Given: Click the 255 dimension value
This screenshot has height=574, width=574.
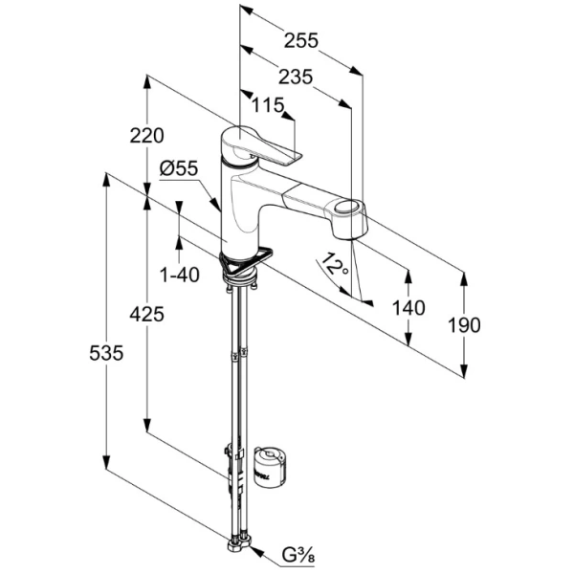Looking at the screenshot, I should click(300, 40).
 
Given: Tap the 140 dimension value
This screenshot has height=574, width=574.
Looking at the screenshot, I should click(408, 307).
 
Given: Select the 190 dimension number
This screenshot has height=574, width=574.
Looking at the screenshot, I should click(464, 325).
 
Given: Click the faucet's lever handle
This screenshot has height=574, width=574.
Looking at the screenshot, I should click(264, 144).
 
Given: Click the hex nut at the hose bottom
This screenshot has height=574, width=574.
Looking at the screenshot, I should click(237, 548).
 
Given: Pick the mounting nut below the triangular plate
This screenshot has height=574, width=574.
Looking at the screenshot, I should click(240, 278).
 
